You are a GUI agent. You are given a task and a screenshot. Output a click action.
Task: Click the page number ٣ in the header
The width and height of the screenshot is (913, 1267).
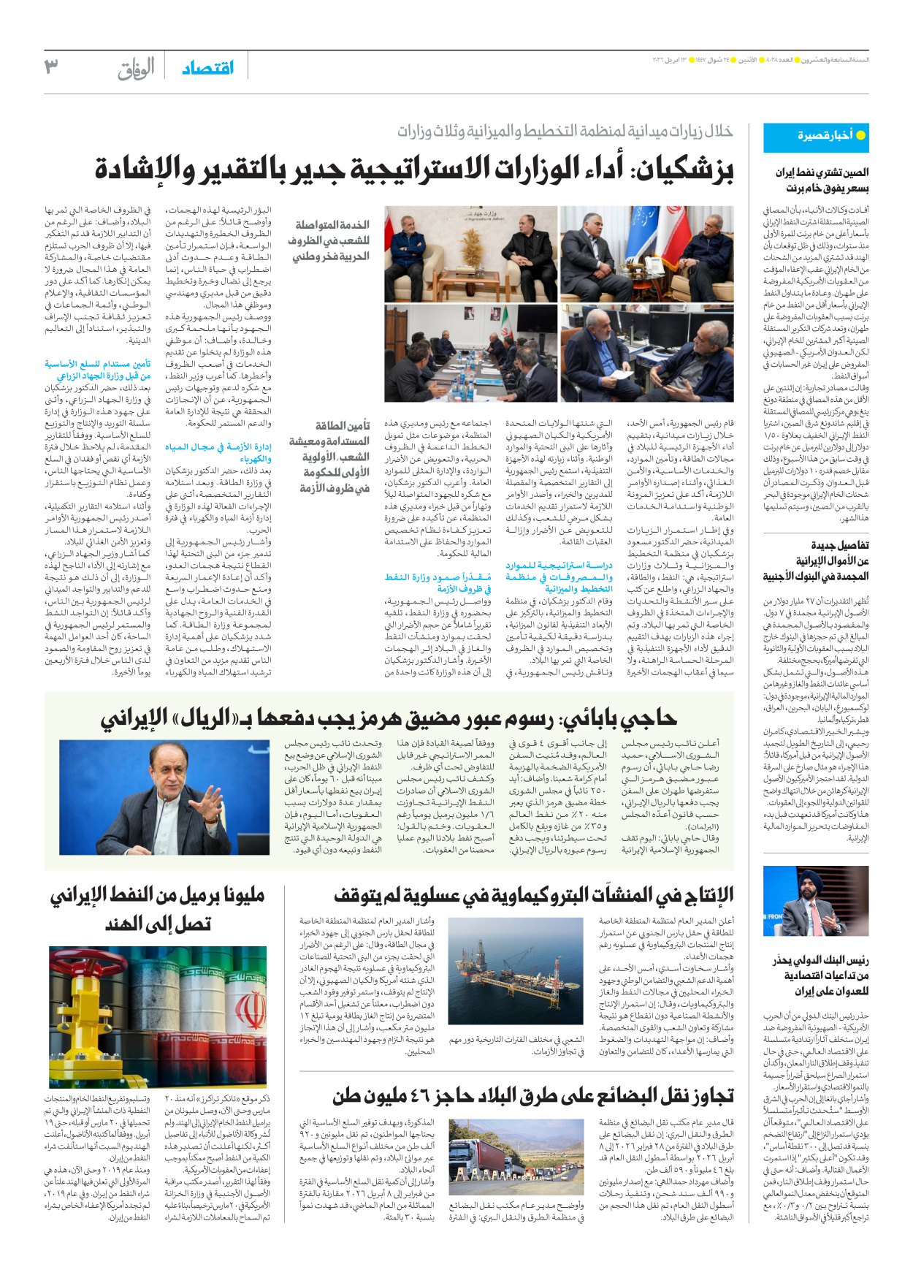click(x=51, y=67)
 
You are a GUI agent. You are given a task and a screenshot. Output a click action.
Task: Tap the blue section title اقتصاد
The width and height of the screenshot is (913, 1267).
click(x=208, y=68)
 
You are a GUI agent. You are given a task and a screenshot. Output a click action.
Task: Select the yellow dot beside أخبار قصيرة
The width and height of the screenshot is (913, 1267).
click(x=860, y=136)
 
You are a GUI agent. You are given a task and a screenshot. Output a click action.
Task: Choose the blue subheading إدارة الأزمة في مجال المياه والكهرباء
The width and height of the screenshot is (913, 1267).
click(x=218, y=452)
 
